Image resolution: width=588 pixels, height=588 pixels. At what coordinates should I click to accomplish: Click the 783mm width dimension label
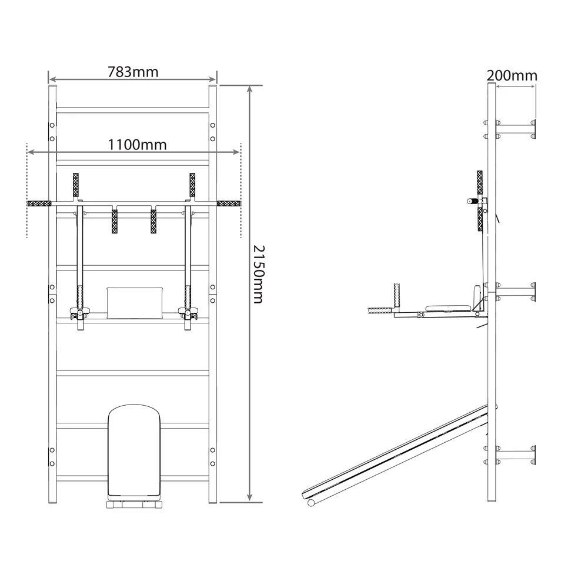tap(133, 72)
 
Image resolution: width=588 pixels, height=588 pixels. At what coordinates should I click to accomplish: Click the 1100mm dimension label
tap(137, 145)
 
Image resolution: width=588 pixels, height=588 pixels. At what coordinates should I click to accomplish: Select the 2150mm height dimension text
tap(258, 274)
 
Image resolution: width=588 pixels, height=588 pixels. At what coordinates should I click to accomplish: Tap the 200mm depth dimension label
tap(512, 76)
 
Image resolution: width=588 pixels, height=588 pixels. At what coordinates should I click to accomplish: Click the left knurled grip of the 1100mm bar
tap(39, 203)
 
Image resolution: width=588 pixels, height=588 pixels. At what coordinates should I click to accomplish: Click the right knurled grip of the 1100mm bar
tap(229, 203)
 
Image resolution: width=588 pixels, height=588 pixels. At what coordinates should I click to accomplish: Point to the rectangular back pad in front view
tap(135, 303)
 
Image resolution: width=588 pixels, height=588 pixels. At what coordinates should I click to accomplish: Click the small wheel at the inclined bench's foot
tap(311, 503)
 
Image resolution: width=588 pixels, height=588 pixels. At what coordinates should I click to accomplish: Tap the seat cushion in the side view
tap(448, 308)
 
